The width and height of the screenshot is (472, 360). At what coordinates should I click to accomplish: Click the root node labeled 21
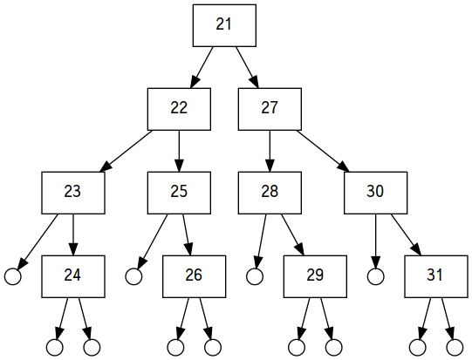pyautogui.click(x=224, y=25)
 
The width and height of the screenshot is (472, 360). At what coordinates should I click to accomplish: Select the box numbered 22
pyautogui.click(x=179, y=109)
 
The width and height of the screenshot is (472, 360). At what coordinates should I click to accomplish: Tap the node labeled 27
pyautogui.click(x=270, y=109)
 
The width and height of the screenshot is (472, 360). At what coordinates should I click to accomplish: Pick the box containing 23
pyautogui.click(x=73, y=193)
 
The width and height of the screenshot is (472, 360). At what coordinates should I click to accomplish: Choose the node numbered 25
pyautogui.click(x=179, y=193)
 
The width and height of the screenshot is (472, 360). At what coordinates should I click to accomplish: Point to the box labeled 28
pyautogui.click(x=270, y=193)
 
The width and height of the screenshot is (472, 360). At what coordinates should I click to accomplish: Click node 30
pyautogui.click(x=376, y=193)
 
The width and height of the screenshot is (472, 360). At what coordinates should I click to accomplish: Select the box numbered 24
pyautogui.click(x=73, y=276)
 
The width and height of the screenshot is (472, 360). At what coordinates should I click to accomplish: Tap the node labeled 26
pyautogui.click(x=195, y=276)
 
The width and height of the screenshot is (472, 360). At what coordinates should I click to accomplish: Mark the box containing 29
pyautogui.click(x=315, y=276)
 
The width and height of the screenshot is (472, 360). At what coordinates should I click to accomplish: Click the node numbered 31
pyautogui.click(x=436, y=276)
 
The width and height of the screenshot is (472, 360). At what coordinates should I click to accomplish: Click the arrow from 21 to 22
pyautogui.click(x=202, y=67)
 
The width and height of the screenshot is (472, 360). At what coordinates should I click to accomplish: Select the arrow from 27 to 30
pyautogui.click(x=323, y=151)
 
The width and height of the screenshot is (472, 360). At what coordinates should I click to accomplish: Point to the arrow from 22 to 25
pyautogui.click(x=179, y=151)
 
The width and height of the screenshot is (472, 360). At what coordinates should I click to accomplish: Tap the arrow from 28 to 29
pyautogui.click(x=292, y=234)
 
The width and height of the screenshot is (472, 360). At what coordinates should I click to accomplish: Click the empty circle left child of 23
pyautogui.click(x=13, y=276)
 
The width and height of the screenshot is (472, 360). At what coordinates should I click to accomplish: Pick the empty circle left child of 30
pyautogui.click(x=376, y=276)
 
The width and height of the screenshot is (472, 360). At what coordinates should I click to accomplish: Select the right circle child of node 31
pyautogui.click(x=455, y=348)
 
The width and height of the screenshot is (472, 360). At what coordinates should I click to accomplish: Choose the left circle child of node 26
pyautogui.click(x=175, y=348)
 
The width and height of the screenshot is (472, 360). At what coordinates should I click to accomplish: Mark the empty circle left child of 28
pyautogui.click(x=255, y=276)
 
